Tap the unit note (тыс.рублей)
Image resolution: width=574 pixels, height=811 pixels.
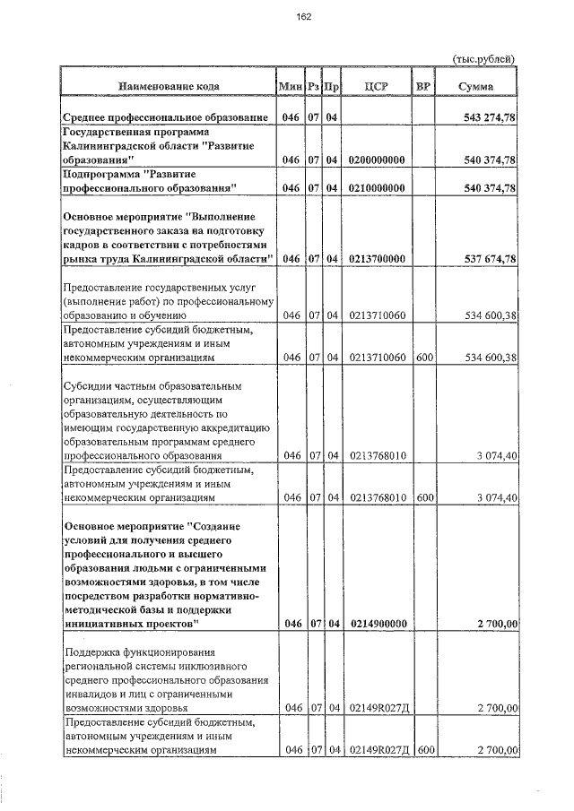[483, 58]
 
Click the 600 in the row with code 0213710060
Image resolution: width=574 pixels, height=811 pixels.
[425, 358]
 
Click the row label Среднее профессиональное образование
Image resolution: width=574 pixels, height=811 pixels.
[166, 118]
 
